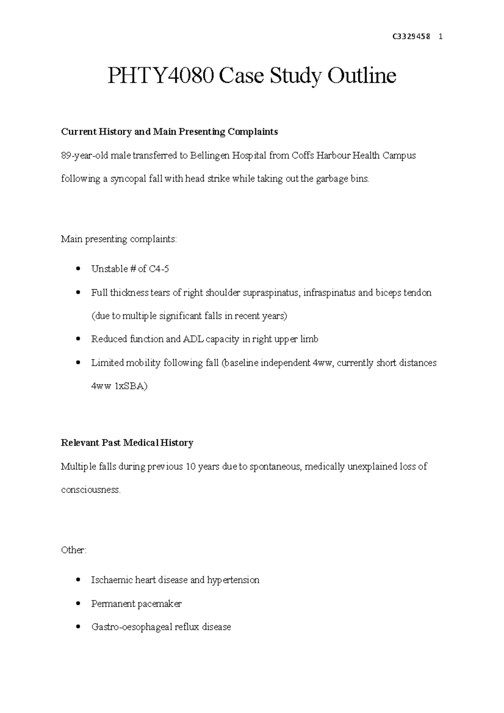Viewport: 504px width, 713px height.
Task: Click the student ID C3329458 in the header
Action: point(411,37)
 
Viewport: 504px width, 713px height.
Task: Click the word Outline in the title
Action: point(362,76)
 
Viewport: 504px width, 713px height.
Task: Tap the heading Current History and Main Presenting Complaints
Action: point(169,132)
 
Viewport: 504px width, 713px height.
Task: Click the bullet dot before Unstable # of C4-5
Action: point(77,269)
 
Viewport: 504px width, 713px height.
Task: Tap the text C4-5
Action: point(159,269)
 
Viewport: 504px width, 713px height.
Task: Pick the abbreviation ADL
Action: point(192,339)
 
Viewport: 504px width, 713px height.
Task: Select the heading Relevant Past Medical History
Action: point(127,443)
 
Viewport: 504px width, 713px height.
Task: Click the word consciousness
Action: point(90,490)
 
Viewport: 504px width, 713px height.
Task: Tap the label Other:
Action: point(74,550)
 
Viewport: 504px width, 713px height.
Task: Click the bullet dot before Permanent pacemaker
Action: point(77,604)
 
